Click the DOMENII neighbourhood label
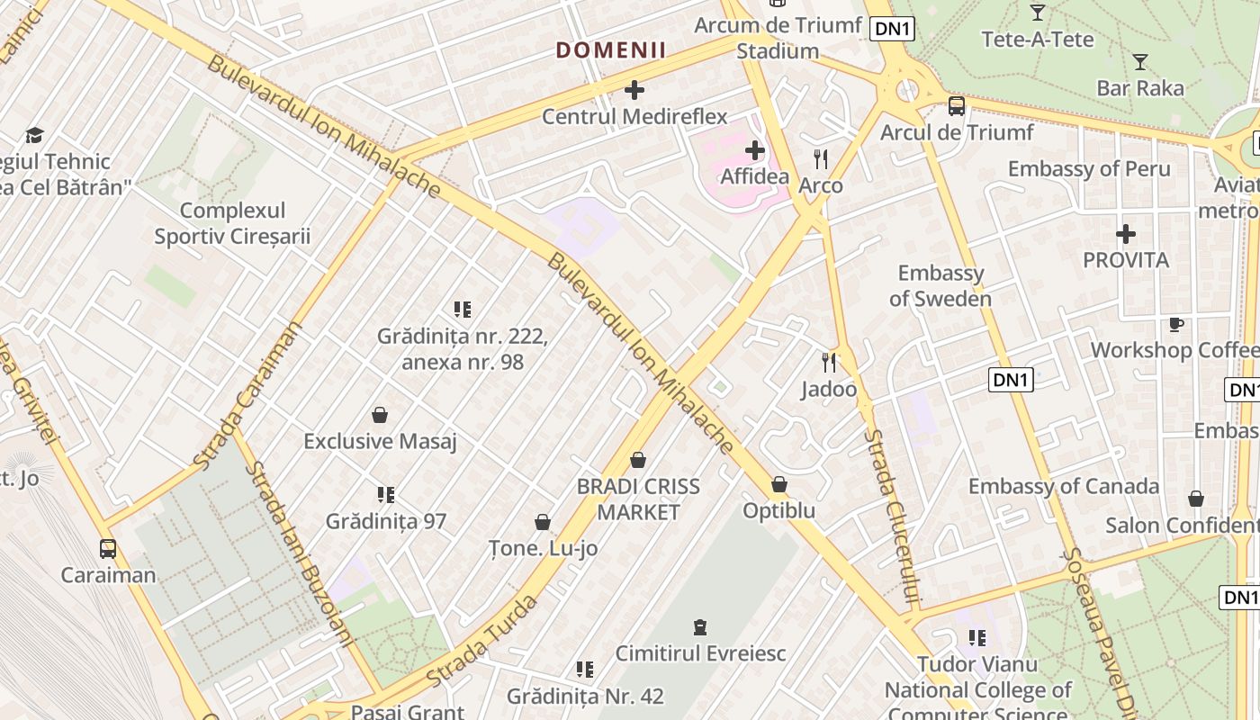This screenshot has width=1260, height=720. click(611, 50)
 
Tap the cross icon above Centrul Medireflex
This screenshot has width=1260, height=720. click(634, 90)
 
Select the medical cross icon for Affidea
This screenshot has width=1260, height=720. click(755, 150)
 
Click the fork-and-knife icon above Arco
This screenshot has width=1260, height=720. click(821, 159)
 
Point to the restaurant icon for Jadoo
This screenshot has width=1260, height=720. click(829, 363)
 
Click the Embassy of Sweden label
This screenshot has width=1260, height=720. click(940, 286)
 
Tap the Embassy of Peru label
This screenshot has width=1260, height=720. click(1089, 169)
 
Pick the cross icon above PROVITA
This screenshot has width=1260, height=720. click(1125, 234)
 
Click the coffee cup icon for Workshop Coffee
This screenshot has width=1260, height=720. click(1175, 324)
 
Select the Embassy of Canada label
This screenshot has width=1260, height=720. click(1064, 487)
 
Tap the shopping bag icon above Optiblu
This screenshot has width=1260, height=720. click(779, 485)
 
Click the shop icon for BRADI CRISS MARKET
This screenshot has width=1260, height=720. click(638, 461)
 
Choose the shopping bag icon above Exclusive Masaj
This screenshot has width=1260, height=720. click(380, 415)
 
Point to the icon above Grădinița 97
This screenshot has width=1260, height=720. click(386, 494)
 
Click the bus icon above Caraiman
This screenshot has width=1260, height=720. click(108, 548)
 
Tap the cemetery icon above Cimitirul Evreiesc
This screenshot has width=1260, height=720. click(700, 626)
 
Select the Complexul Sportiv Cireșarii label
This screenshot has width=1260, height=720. click(232, 223)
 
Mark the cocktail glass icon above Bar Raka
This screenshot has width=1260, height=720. click(1140, 62)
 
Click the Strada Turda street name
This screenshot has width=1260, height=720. click(482, 640)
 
